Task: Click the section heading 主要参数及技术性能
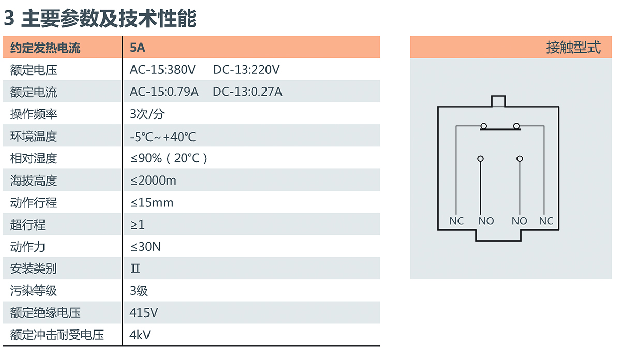[x=108, y=19]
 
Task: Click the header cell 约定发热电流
[x=45, y=49]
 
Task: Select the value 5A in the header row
[x=138, y=49]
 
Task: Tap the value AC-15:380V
[x=162, y=70]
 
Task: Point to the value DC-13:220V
[x=246, y=70]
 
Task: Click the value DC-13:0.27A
[x=247, y=92]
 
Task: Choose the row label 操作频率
[x=34, y=114]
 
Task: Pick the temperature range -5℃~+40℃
[x=163, y=137]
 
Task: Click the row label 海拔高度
[x=34, y=181]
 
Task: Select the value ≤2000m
[x=153, y=181]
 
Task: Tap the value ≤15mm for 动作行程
[x=152, y=203]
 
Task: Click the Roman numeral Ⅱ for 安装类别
[x=136, y=269]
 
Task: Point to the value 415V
[x=144, y=313]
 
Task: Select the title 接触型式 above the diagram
[x=573, y=48]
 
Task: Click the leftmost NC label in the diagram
[x=456, y=221]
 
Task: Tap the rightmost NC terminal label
[x=546, y=221]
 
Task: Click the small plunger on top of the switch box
[x=498, y=101]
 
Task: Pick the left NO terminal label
[x=486, y=221]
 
